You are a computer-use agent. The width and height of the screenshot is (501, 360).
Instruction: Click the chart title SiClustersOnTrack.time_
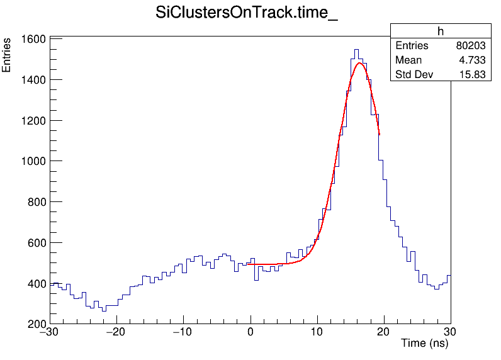[x=247, y=14]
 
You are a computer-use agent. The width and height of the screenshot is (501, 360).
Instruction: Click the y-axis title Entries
[x=7, y=55]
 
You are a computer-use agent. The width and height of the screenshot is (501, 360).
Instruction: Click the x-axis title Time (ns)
[x=424, y=344]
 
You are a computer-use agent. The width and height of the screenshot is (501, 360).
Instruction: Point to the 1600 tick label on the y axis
[x=32, y=39]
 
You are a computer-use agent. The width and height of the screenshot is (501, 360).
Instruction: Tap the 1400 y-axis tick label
[x=32, y=80]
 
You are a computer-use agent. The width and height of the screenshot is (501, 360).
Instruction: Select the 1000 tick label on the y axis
[x=32, y=161]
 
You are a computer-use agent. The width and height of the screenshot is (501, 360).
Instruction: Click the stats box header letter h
[x=441, y=31]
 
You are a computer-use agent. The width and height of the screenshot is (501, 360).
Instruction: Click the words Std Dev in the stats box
[x=413, y=75]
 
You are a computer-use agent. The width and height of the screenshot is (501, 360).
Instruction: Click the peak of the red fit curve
[x=359, y=63]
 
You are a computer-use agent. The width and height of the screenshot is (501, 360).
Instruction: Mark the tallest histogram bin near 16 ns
[x=356, y=50]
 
